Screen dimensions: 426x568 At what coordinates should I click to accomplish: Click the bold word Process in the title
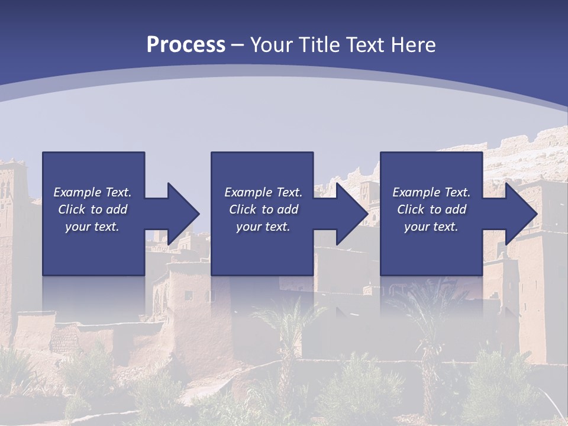coord(186,45)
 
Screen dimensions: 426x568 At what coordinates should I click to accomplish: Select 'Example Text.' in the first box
coord(92,192)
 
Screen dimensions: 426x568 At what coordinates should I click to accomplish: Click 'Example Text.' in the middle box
coord(263,192)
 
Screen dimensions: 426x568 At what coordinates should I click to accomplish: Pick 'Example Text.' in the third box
coord(431,192)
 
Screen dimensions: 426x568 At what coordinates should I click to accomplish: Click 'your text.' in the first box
coord(92,227)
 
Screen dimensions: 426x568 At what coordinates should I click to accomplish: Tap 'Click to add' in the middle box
coord(263,209)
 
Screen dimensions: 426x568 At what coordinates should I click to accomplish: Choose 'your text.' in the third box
coord(431,227)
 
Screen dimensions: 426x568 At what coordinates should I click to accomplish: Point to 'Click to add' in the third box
coord(431,209)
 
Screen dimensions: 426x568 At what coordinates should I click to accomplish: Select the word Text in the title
coord(365,45)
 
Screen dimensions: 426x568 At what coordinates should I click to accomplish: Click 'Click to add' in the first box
coord(92,209)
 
